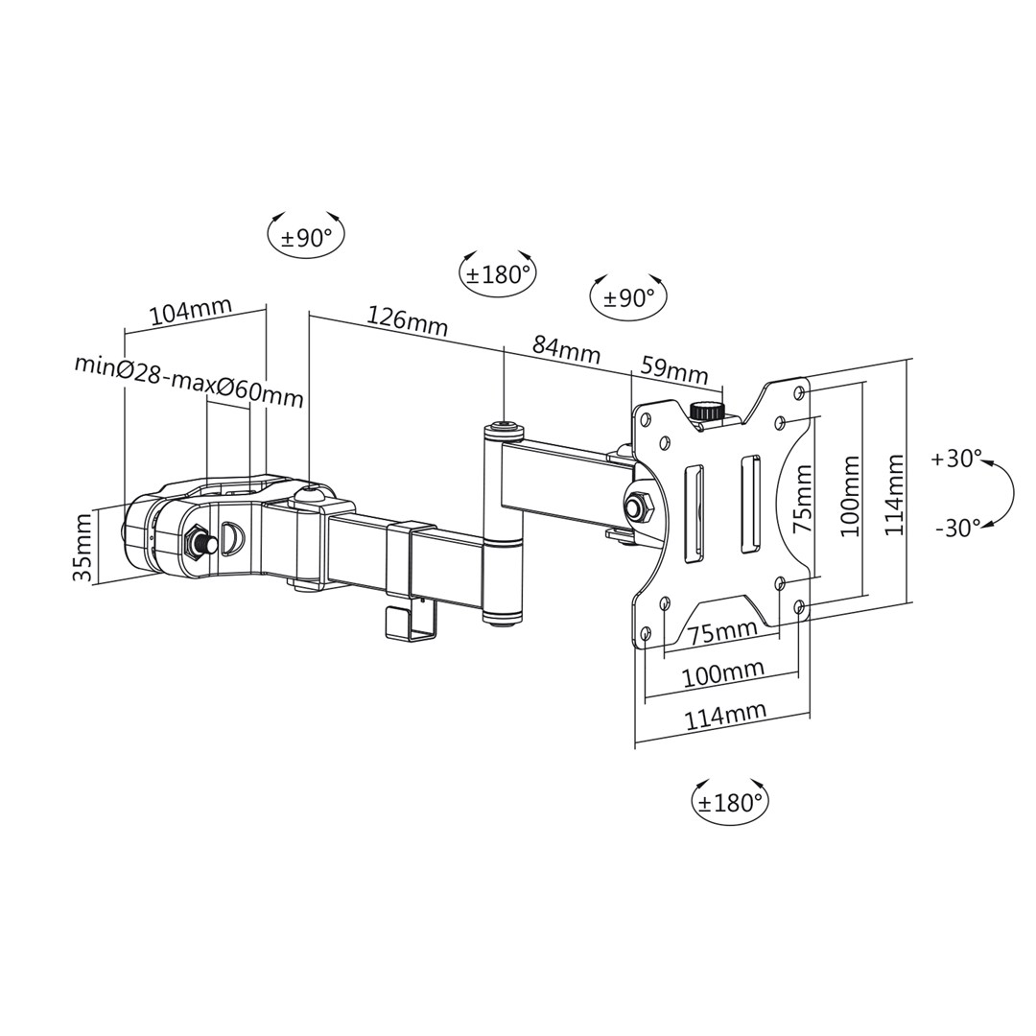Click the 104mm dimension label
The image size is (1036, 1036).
tap(191, 312)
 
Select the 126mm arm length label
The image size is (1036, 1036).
tap(407, 319)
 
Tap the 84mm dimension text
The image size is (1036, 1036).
tap(566, 349)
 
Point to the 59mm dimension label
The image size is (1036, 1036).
tap(673, 369)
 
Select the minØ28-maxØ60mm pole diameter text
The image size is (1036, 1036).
tap(189, 379)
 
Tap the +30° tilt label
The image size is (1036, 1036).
tap(955, 459)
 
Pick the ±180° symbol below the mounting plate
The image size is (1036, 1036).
tap(730, 802)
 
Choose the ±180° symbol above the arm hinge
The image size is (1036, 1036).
tap(497, 274)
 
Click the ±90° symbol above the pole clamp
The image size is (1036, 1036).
tap(306, 237)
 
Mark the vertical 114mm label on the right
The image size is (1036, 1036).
tap(894, 495)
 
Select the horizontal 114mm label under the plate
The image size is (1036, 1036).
tap(724, 716)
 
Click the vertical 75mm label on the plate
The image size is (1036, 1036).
tap(802, 499)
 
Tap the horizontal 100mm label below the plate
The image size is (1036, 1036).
tap(722, 673)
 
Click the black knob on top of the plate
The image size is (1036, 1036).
tap(707, 411)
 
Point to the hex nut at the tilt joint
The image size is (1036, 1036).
tap(637, 505)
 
